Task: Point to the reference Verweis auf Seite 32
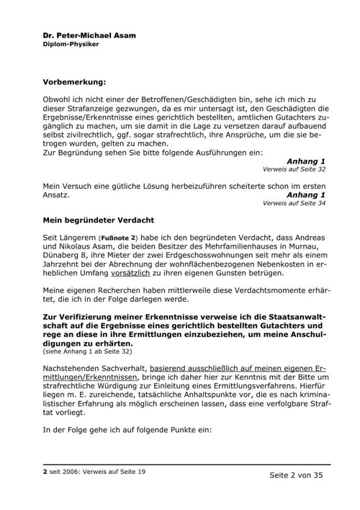point(294,169)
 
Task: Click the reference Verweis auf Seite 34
point(294,203)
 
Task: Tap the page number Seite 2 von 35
point(297,476)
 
